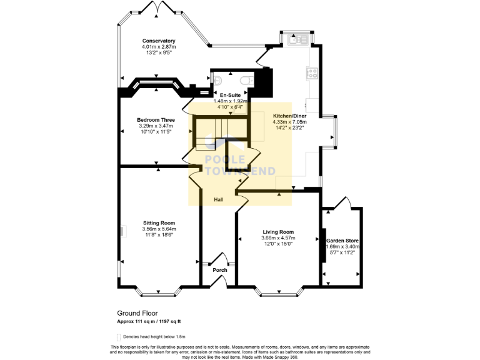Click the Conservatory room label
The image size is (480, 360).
158,41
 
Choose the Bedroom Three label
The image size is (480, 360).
156,119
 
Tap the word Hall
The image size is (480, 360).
219,199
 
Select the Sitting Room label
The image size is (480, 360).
159,223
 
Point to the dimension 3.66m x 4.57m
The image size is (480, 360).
278,237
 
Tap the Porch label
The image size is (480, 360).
219,270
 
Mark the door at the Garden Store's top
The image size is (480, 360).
342,203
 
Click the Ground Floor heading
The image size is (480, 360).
137,313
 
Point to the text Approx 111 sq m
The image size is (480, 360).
134,321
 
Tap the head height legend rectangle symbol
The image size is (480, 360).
119,336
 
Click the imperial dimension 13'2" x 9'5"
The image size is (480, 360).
158,52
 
